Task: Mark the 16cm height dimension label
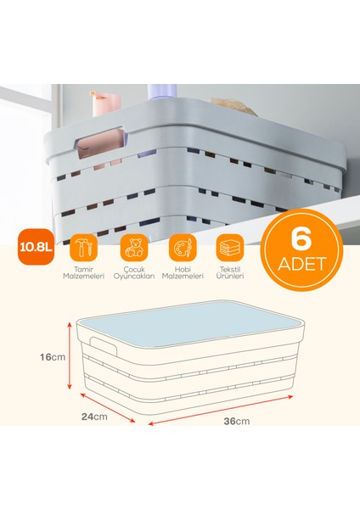point(53,357)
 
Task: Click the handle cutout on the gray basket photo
point(104,143)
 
